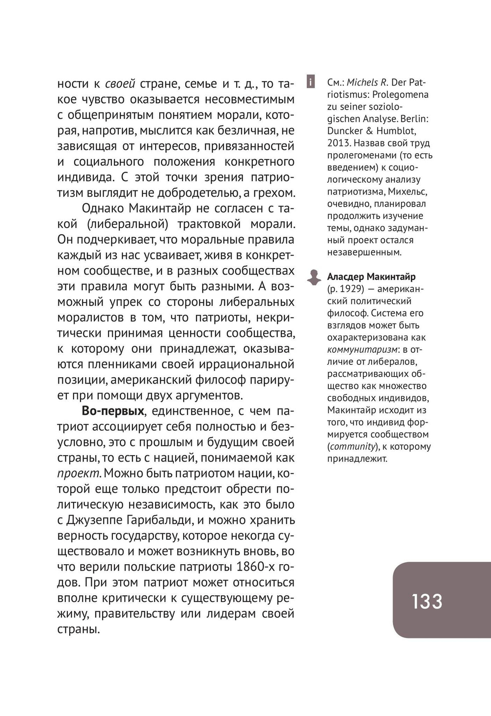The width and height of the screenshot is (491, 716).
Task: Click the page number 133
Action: (427, 601)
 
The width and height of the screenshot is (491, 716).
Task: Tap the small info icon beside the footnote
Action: (310, 82)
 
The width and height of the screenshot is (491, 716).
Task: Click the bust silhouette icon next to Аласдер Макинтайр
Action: (313, 277)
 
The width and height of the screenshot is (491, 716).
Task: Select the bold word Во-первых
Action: (113, 411)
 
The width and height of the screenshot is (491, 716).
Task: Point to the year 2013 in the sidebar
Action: (338, 143)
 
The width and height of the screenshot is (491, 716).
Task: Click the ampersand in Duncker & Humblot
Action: (369, 131)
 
